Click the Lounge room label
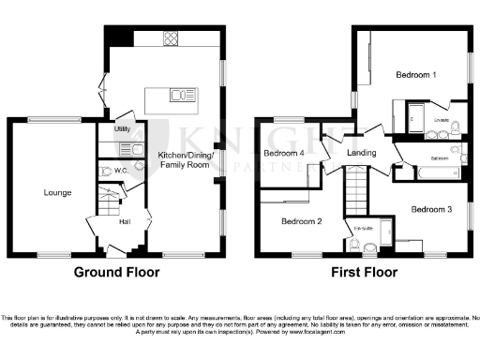click(x=57, y=192)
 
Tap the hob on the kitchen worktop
click(x=172, y=39)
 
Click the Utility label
click(x=122, y=129)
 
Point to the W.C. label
click(x=119, y=170)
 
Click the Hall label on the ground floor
click(x=123, y=221)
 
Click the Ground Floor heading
click(x=116, y=273)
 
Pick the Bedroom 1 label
click(x=414, y=74)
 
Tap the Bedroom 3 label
click(x=431, y=208)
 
